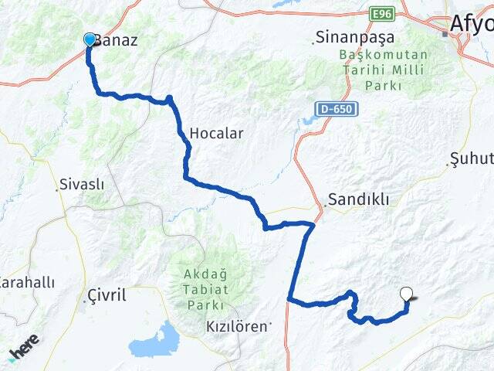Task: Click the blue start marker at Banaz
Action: tap(90, 39)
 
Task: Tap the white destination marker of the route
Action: tap(407, 294)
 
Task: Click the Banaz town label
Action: tap(117, 40)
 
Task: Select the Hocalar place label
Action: tap(217, 133)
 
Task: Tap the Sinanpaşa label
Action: tap(356, 37)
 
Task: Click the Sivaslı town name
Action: tap(82, 185)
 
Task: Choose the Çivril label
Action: tap(107, 294)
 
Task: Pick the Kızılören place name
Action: tap(237, 327)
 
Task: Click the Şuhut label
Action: tap(471, 160)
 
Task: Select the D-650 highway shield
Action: tap(335, 109)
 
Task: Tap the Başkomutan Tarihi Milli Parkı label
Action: tap(372, 69)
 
